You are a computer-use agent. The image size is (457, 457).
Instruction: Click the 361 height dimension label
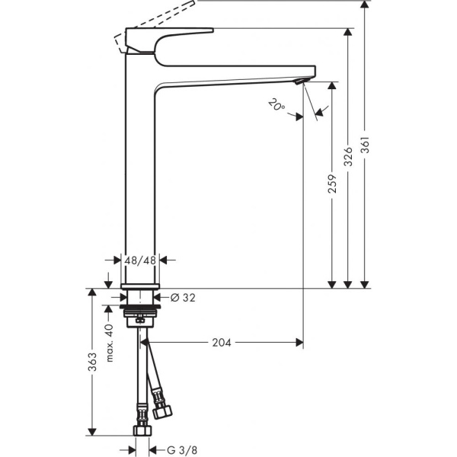[365, 148]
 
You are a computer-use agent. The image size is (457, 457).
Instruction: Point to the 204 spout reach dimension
[222, 342]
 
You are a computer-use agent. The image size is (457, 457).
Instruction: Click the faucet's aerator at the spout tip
[302, 81]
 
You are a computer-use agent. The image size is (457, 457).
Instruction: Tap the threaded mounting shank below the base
[139, 312]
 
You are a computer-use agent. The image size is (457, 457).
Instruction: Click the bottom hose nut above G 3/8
[140, 431]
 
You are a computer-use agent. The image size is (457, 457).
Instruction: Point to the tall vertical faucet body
[139, 175]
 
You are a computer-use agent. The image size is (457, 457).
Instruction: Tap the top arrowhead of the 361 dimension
[365, 5]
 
